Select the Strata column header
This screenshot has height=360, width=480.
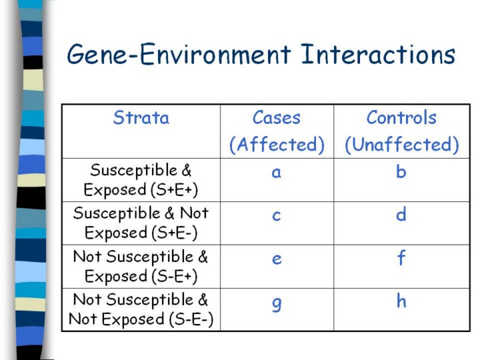coord(141,117)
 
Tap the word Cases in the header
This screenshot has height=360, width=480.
coord(277,117)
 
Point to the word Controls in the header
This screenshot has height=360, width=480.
coord(401,117)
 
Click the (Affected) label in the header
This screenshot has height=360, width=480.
coord(277,145)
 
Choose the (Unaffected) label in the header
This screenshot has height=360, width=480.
coord(401,145)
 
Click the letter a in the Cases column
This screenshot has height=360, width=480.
coord(277,173)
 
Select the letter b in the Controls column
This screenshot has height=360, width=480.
coord(401,171)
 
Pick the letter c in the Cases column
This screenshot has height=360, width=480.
coord(277,215)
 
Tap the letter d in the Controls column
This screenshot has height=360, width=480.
coord(401,214)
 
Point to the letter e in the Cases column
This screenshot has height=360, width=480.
coord(277,259)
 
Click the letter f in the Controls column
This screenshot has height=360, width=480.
coord(401,257)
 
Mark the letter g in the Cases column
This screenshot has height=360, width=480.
coord(277,304)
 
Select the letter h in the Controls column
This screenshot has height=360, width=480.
coord(401,301)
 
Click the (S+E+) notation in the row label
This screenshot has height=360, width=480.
coord(174,190)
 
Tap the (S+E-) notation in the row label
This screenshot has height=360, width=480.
coord(174,233)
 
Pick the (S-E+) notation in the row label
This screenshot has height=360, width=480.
coord(174,277)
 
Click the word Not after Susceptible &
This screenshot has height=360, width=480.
coord(194,213)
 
